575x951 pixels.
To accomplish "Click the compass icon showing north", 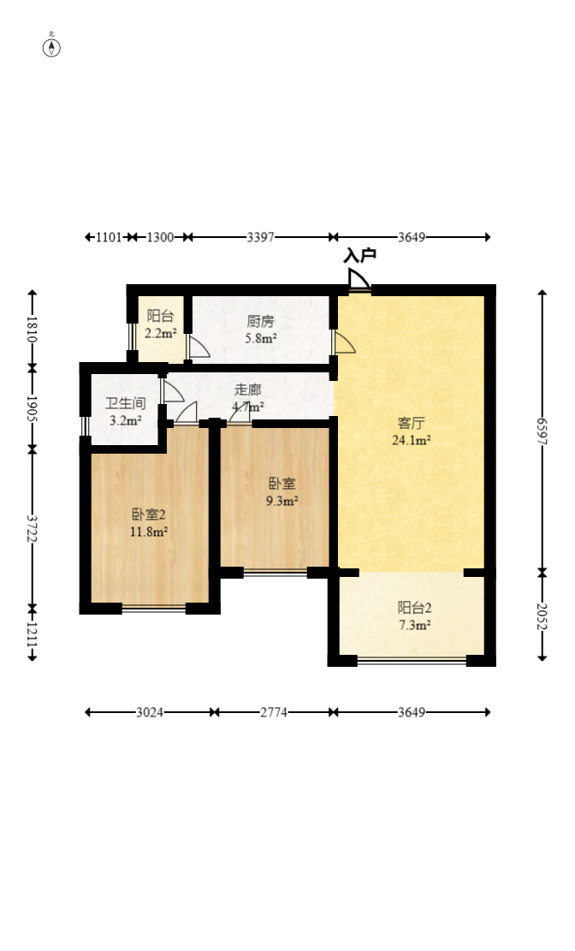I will [52, 46].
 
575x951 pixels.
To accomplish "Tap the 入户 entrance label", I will [360, 255].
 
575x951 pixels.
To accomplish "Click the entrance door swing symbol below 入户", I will [359, 281].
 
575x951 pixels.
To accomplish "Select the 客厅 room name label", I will [411, 423].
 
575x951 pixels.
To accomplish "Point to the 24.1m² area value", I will [411, 441].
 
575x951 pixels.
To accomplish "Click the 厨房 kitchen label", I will [260, 321].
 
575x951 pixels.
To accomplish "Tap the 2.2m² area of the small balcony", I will [160, 334].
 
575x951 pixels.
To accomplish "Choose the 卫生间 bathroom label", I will [125, 403].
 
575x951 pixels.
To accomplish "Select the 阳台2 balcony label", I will [414, 608].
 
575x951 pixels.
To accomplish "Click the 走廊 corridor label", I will [248, 389].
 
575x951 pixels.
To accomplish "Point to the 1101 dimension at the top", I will [107, 237].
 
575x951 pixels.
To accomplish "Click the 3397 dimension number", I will [260, 237].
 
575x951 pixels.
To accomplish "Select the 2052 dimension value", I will [542, 615].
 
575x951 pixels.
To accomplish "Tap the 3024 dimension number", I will [149, 711].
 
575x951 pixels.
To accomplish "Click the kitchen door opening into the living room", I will [342, 342].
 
